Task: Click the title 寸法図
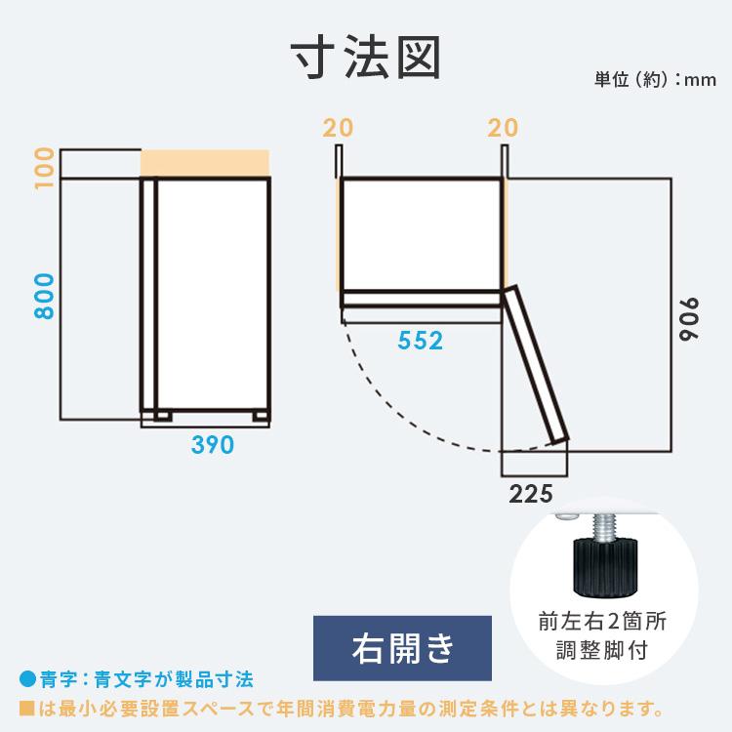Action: (x=366, y=58)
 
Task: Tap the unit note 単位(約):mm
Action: (x=655, y=80)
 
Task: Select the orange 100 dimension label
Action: (x=44, y=168)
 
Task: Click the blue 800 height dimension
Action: (x=44, y=297)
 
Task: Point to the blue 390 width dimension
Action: (x=213, y=444)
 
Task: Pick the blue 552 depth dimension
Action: (x=420, y=341)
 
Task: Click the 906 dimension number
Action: (x=689, y=319)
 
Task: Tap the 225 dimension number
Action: (x=531, y=494)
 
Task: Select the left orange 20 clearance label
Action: (x=338, y=128)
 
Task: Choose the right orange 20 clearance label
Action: (x=503, y=128)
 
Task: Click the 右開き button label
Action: (x=402, y=648)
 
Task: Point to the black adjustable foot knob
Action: (x=604, y=567)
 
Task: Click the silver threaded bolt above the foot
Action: (x=605, y=528)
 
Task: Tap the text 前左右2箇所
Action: (x=602, y=622)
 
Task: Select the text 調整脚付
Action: (x=602, y=650)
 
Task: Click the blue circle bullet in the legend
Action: (x=28, y=679)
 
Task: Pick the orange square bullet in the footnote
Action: (x=27, y=709)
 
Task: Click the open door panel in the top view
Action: (x=536, y=365)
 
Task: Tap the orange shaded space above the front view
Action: (x=205, y=163)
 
